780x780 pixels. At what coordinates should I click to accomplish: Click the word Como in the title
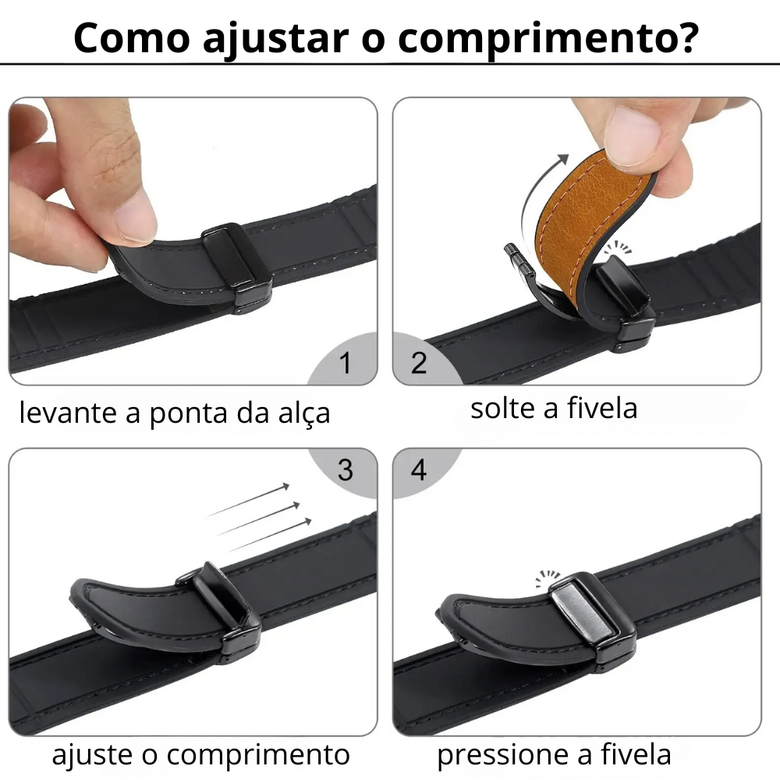coord(132,37)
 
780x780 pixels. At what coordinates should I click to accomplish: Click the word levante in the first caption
coord(68,413)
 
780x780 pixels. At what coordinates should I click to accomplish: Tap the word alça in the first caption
coord(304,414)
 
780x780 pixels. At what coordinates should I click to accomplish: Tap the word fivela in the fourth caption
coord(636,754)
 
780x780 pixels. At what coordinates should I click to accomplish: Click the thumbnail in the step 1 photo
coord(134,214)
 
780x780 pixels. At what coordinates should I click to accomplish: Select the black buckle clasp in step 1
coord(237,268)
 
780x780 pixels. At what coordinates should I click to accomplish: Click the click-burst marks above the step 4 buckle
coord(548,577)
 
